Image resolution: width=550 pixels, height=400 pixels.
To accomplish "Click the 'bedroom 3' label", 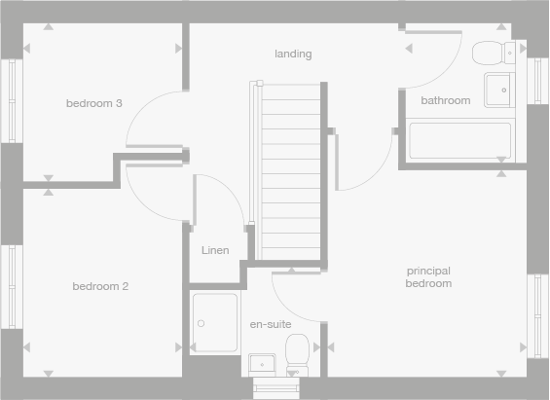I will coord(93,103).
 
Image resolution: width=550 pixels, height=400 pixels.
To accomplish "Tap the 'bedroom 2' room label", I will coord(100,286).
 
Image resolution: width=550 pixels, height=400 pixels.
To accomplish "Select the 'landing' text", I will coord(293,54).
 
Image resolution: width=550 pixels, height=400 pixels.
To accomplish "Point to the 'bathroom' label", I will coord(445,100).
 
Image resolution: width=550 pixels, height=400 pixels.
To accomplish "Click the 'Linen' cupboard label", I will coord(215,250).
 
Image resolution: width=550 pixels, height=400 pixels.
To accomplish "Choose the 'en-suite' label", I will coord(270,324).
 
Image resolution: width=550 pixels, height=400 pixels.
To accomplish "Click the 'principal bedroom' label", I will coord(429,276).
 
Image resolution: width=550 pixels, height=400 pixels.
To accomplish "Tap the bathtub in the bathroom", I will coord(459,140).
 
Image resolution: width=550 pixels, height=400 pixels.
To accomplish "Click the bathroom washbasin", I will coord(497,87).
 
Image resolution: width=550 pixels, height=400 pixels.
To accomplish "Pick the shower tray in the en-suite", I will coord(214,322).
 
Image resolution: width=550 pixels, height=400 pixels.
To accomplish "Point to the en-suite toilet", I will coord(298,356).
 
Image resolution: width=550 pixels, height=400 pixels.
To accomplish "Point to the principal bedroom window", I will coord(538,310).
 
